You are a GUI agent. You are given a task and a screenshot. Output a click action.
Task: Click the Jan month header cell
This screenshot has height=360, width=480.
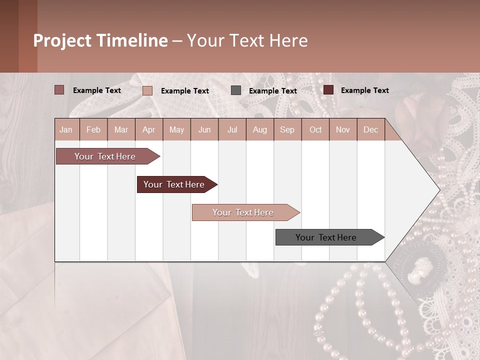[x=66, y=130]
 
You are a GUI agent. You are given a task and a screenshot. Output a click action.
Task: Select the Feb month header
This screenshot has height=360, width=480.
[x=93, y=130]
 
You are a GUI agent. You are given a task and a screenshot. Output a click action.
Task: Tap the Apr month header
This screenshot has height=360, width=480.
[x=149, y=130]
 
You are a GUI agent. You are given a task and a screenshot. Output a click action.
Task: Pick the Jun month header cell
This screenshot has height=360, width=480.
[x=204, y=130]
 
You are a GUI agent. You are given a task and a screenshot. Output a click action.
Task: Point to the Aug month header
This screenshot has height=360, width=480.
[x=260, y=130]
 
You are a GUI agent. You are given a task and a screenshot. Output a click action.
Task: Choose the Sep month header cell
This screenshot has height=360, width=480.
[x=287, y=130]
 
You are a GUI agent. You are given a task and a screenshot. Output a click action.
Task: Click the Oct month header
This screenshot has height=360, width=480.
[x=315, y=130]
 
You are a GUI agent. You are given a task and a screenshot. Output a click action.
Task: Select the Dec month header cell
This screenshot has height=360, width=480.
[x=371, y=130]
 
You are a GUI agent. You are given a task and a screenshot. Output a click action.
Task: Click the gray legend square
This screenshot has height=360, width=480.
[x=236, y=90]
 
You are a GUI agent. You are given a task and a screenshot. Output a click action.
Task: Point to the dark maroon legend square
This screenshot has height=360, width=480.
[x=328, y=90]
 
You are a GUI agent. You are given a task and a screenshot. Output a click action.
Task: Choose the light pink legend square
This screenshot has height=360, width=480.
[x=147, y=90]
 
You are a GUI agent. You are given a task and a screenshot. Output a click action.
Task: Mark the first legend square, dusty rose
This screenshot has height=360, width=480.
[x=59, y=90]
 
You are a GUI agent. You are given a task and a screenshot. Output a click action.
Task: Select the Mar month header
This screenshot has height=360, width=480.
[x=121, y=130]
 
